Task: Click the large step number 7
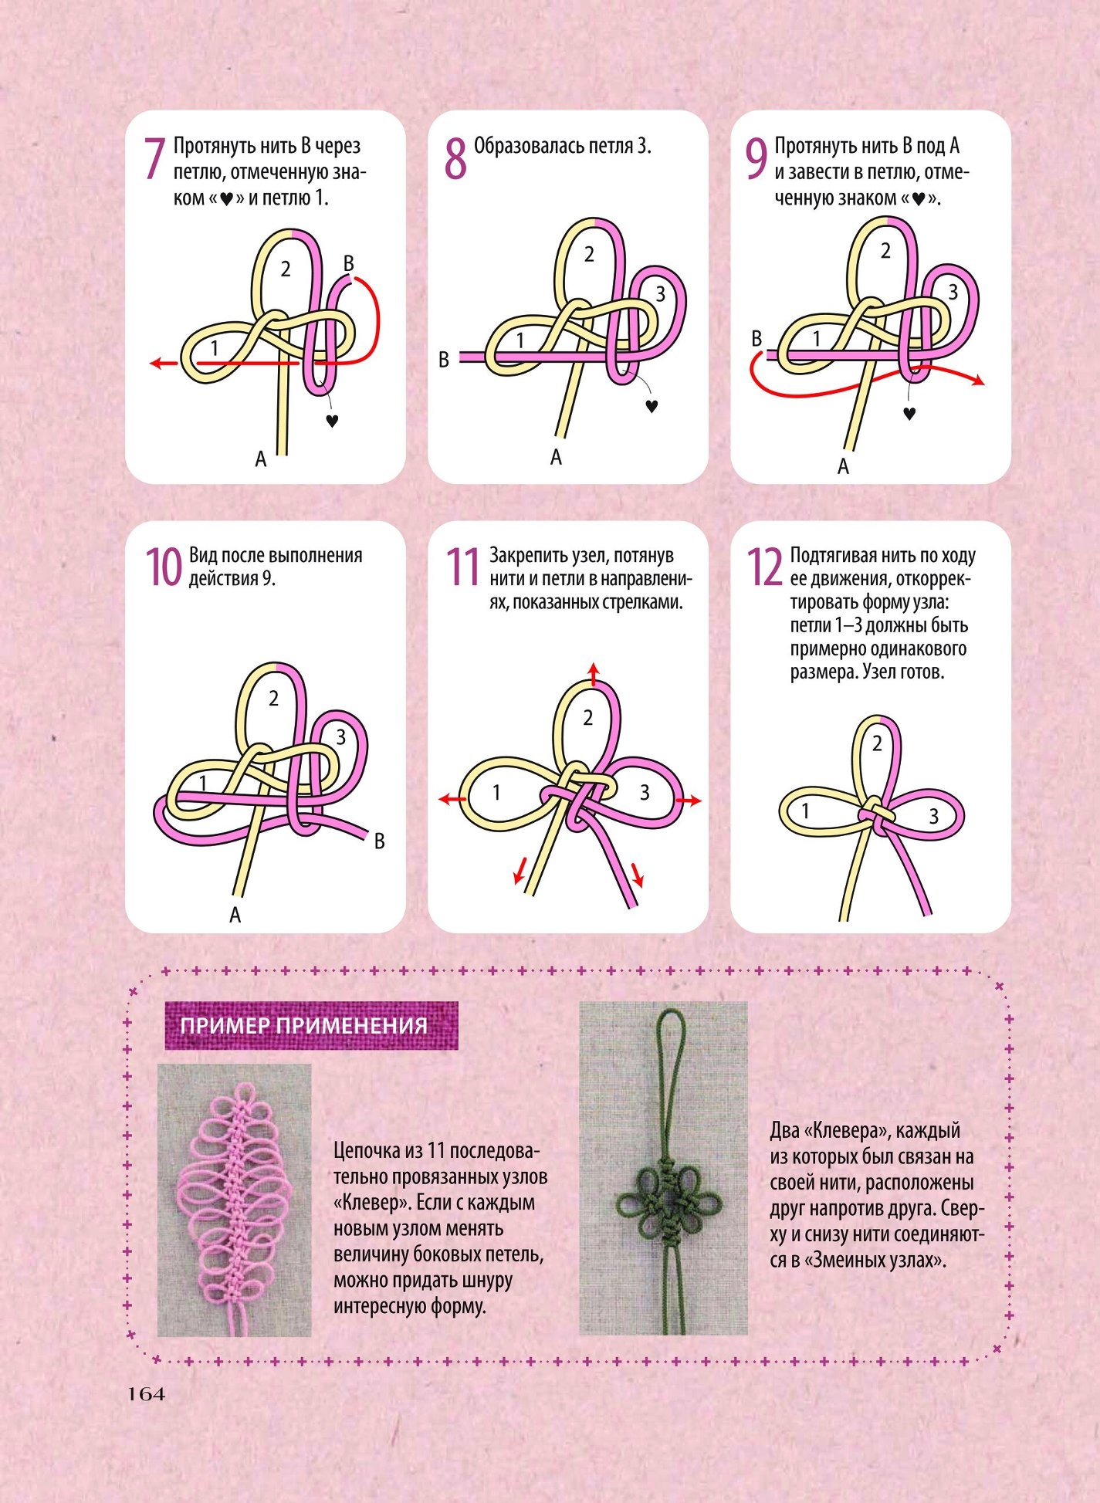coord(155,159)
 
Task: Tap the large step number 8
coord(456,159)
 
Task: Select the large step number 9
coord(756,159)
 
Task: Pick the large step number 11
coord(464,567)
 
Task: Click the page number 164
coord(147,1394)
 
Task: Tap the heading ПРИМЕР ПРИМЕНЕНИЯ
coord(303,1025)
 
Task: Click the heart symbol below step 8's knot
coord(652,405)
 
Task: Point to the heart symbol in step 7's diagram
coord(332,421)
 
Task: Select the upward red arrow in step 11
coord(593,673)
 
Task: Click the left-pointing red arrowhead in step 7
coord(157,362)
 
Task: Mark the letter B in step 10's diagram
coord(379,841)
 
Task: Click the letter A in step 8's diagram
coord(556,458)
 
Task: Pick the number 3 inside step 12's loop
coord(933,816)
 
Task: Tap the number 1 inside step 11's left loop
coord(496,792)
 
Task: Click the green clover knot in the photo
coord(668,1203)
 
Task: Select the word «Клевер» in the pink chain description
coord(370,1203)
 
